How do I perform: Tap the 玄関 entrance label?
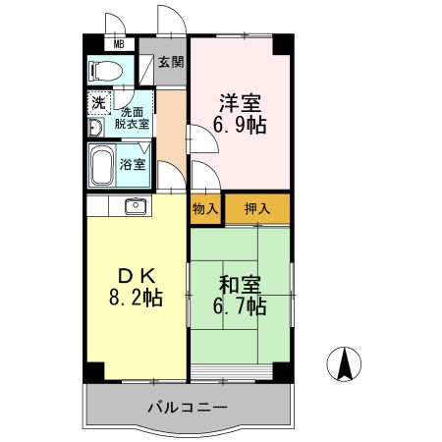[x=172, y=62]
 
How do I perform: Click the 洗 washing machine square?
[x=99, y=101]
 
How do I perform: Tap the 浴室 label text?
[x=133, y=164]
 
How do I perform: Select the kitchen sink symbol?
[x=135, y=206]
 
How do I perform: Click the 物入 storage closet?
[x=204, y=208]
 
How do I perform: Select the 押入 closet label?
[x=257, y=208]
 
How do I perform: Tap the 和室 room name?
[x=240, y=285]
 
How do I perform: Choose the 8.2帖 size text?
[x=136, y=296]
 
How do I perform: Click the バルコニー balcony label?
[x=188, y=407]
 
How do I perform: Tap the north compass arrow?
[x=346, y=365]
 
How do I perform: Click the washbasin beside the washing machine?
[x=94, y=128]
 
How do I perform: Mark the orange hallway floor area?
[x=172, y=123]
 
